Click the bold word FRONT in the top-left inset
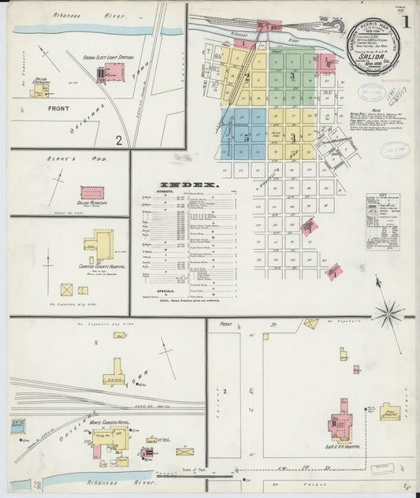point(58,109)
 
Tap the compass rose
point(388,314)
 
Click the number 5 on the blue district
point(246,137)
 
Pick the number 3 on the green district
point(292,76)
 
